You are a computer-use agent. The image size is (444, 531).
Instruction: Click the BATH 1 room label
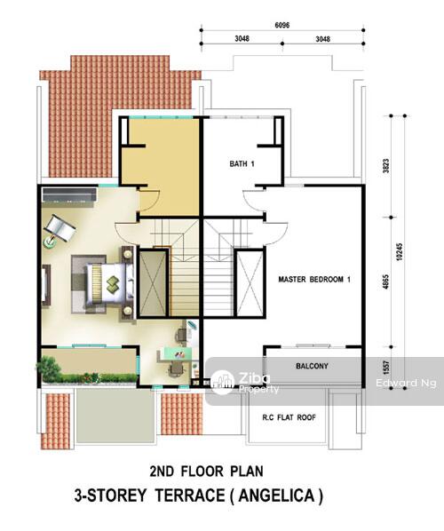click(x=242, y=164)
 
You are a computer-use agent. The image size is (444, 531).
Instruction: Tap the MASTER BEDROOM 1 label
click(x=314, y=280)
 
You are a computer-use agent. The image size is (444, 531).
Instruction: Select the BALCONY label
click(x=312, y=366)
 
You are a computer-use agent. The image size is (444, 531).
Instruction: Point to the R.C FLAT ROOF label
click(x=289, y=417)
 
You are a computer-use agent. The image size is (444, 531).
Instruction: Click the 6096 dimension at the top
click(x=282, y=26)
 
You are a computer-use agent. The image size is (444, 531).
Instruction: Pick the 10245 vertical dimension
click(x=400, y=251)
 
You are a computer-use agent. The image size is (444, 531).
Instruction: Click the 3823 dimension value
click(x=386, y=166)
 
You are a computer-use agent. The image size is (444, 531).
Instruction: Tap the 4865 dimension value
click(x=386, y=281)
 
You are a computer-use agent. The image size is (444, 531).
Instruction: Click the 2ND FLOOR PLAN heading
click(x=207, y=471)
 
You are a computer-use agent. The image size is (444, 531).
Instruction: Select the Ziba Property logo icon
click(x=222, y=383)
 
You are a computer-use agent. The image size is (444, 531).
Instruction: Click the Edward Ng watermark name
click(x=406, y=383)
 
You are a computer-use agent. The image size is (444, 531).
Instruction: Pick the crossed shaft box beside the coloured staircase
click(x=153, y=283)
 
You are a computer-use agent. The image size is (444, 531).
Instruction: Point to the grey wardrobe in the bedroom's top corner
click(x=69, y=195)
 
